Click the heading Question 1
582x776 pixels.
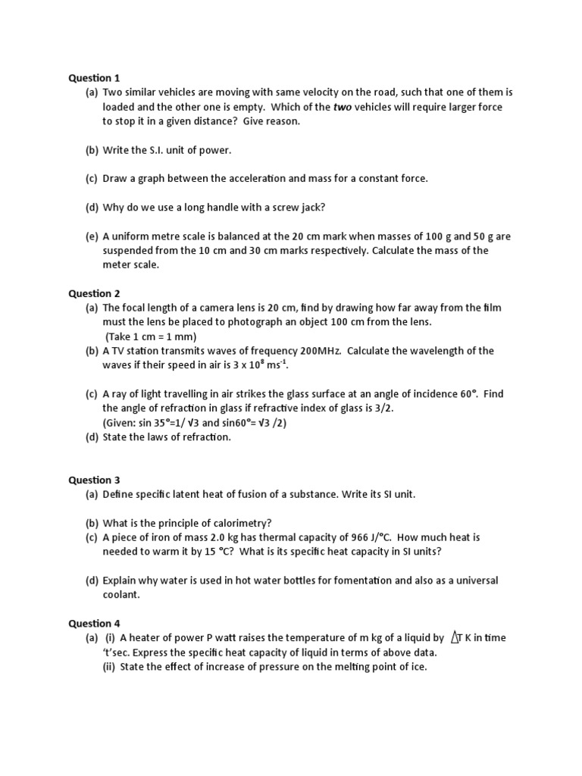pyautogui.click(x=94, y=77)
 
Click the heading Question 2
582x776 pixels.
pyautogui.click(x=94, y=293)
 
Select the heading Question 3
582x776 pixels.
pyautogui.click(x=94, y=480)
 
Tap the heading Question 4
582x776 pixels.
pyautogui.click(x=94, y=623)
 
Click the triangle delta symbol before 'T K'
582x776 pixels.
pyautogui.click(x=455, y=638)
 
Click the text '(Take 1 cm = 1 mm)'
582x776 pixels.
pyautogui.click(x=151, y=336)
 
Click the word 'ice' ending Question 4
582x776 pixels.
pyautogui.click(x=418, y=667)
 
